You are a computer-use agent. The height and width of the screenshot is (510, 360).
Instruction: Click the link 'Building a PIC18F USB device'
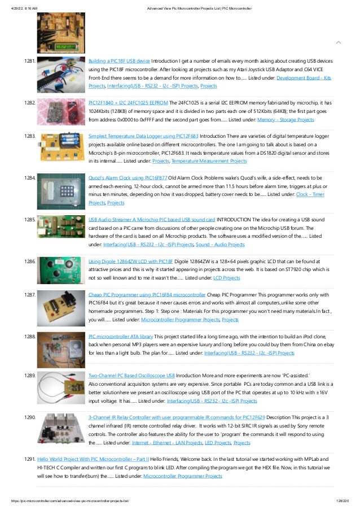(119, 60)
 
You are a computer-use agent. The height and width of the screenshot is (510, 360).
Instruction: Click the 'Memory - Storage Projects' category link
(285, 120)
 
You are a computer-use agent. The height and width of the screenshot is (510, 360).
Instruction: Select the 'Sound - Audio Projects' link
(220, 245)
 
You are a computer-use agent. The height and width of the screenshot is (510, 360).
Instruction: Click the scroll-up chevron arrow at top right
(338, 42)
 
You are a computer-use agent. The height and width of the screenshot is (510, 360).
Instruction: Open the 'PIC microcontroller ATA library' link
(121, 336)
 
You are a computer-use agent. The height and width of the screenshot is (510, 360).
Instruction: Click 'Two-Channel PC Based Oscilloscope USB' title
(131, 375)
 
